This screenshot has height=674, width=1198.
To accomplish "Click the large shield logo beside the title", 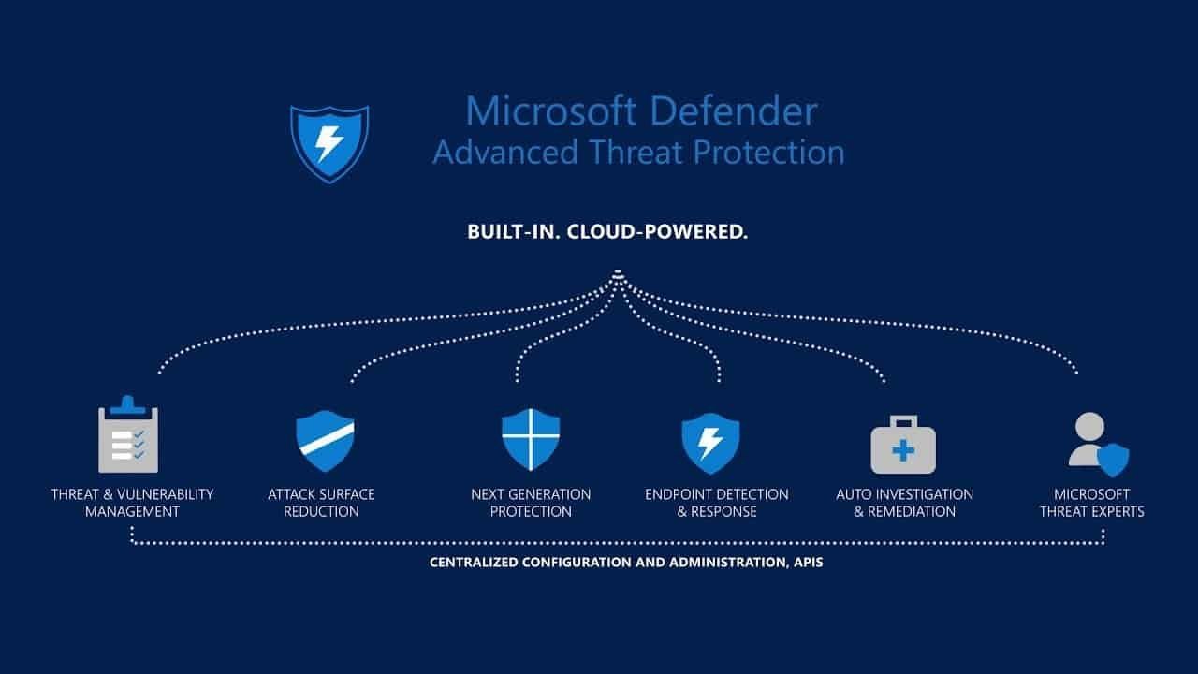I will point(329,143).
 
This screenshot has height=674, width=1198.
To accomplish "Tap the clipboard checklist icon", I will point(128,437).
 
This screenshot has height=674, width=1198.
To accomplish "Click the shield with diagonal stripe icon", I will point(325,441).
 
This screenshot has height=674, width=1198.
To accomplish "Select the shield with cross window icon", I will point(531,439).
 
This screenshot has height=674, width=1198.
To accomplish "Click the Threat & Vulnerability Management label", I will point(132,503).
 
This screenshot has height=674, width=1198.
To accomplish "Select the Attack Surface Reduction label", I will point(321,503).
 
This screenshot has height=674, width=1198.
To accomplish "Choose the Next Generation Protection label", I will point(531,503).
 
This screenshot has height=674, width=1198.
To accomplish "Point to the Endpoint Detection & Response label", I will point(717,503).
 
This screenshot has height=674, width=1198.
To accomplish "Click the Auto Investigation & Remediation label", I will point(904,503).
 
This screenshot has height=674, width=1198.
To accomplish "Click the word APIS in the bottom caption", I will point(807,564).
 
